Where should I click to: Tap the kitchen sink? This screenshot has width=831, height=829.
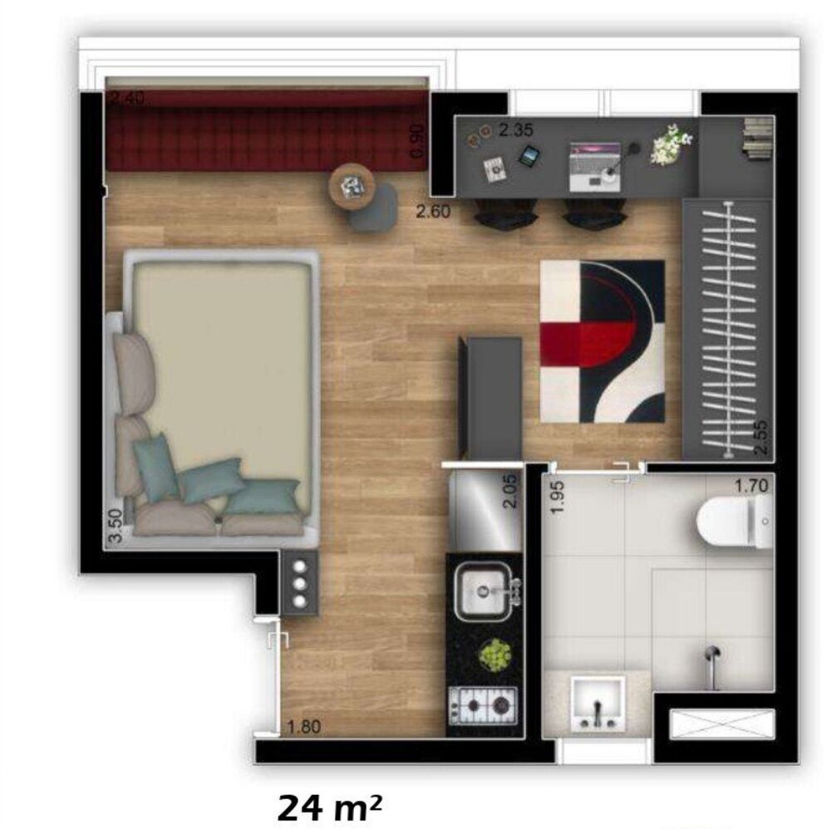pyautogui.click(x=484, y=591)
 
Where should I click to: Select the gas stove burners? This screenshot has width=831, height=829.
pyautogui.click(x=482, y=706)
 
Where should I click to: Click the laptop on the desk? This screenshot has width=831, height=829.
pyautogui.click(x=594, y=161)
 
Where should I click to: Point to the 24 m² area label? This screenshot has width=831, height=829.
pyautogui.click(x=331, y=806)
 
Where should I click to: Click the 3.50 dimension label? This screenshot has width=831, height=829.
pyautogui.click(x=116, y=525)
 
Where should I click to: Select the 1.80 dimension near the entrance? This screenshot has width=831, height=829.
pyautogui.click(x=302, y=728)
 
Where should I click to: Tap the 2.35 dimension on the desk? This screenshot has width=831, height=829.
pyautogui.click(x=515, y=130)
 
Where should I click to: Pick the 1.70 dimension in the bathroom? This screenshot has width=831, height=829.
pyautogui.click(x=750, y=485)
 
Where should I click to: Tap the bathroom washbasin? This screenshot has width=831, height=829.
pyautogui.click(x=597, y=703)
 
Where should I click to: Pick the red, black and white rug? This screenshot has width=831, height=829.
pyautogui.click(x=602, y=340)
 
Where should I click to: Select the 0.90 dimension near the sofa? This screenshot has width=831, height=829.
pyautogui.click(x=418, y=140)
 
